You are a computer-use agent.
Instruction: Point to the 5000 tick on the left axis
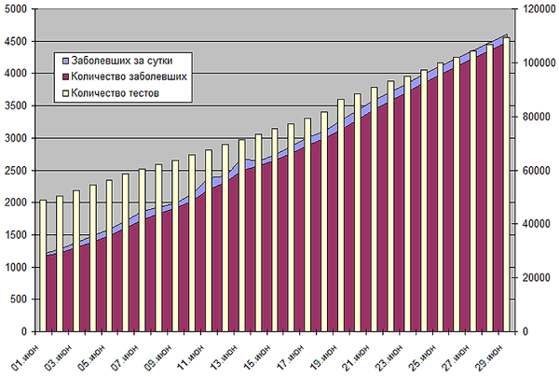coord(17,9)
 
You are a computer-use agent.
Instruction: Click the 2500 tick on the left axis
coord(17,170)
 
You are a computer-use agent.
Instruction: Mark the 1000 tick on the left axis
coord(17,267)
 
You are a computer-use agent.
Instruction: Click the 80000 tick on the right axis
coord(532,117)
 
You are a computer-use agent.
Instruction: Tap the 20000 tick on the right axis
coord(532,278)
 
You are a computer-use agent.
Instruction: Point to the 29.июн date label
coord(493,354)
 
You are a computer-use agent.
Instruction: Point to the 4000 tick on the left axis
coord(17,74)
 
